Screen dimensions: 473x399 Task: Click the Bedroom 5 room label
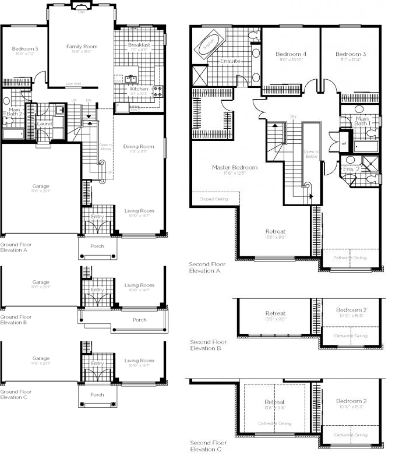[24, 48]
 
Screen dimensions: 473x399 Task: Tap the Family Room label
[82, 46]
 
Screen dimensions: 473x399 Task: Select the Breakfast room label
[139, 45]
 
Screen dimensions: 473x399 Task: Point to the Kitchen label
[139, 89]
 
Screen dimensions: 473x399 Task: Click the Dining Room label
[139, 146]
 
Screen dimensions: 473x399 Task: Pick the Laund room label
[44, 123]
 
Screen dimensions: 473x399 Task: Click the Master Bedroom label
[234, 167]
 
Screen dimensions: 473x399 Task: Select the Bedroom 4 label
[291, 54]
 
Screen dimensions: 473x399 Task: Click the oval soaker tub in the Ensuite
[208, 44]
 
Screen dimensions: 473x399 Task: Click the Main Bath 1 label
[362, 121]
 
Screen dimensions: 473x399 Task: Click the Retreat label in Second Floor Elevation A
[275, 231]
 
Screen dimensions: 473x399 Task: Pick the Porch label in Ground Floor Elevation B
[139, 319]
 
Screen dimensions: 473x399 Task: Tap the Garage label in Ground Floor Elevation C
[41, 358]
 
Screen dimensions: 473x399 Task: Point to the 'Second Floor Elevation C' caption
[208, 446]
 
